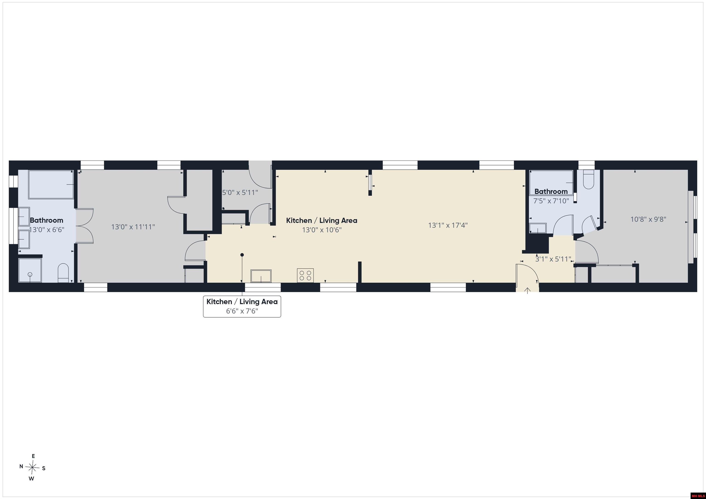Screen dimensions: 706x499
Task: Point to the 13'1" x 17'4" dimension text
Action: tap(448, 225)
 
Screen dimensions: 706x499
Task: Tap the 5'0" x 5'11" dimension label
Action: tap(240, 193)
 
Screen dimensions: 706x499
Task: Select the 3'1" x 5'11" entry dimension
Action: tap(553, 259)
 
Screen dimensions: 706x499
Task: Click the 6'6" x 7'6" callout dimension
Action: tap(242, 311)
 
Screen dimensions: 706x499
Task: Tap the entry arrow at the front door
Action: tap(527, 290)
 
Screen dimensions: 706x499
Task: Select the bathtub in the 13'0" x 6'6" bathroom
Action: tap(51, 185)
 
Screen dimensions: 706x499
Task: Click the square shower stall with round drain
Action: tap(30, 270)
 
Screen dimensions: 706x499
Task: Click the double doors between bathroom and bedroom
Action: tap(85, 226)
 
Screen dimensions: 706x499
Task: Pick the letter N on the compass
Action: tap(21, 466)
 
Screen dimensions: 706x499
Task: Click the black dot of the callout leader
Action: tap(242, 255)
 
